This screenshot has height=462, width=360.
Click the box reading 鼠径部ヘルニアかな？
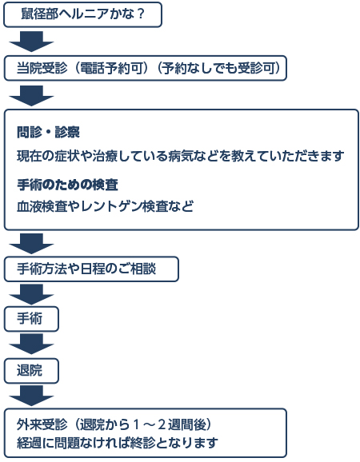tap(82, 14)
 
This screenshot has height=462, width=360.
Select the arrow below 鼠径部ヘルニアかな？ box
tap(31, 42)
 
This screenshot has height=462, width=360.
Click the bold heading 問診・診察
tap(48, 133)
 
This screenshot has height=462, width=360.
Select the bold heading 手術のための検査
tap(67, 185)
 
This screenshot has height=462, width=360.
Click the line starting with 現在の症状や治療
tap(181, 156)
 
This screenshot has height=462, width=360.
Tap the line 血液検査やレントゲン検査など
tap(106, 206)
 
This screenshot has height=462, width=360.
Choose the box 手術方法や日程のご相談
tap(91, 269)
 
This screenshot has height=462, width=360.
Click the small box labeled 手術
tap(31, 319)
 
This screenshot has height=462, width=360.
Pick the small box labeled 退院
tap(31, 371)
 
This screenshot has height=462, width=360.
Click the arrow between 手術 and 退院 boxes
tap(31, 345)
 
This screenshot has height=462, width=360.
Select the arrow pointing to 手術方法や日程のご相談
tap(31, 243)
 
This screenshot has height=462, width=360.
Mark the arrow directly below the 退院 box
tap(31, 396)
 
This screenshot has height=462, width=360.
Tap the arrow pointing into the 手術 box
tap(31, 294)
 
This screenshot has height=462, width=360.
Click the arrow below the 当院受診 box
tap(31, 96)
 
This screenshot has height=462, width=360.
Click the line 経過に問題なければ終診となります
tap(118, 443)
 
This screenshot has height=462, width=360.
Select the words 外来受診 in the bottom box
tap(42, 424)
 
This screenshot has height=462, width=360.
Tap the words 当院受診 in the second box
tap(42, 69)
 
